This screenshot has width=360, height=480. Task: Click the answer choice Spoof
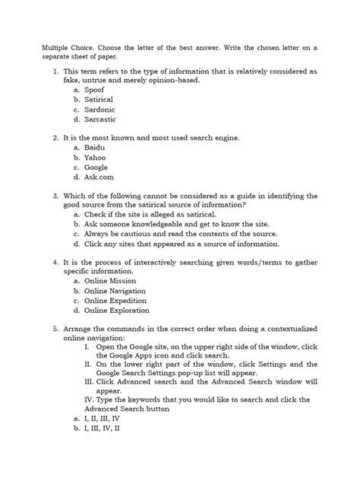(94, 90)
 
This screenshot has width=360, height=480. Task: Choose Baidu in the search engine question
(95, 147)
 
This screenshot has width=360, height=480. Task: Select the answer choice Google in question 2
(96, 167)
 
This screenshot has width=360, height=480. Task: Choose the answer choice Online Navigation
(115, 291)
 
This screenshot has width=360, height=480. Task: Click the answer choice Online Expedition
(115, 301)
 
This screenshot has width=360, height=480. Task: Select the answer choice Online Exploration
(117, 311)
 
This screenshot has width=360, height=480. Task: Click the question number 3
(55, 196)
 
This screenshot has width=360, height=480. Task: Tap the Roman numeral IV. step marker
(90, 399)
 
